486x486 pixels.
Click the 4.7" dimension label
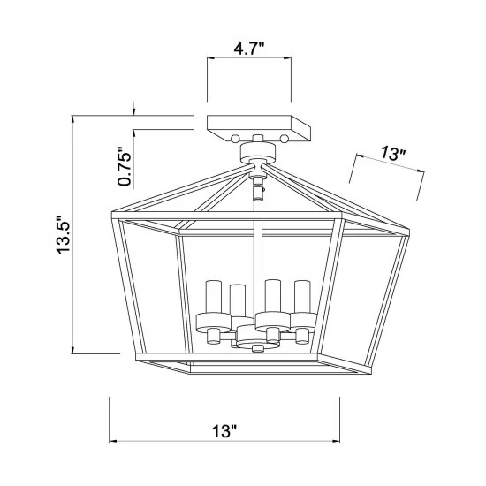[249, 49]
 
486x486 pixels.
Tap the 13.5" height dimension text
[65, 234]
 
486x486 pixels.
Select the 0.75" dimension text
[125, 166]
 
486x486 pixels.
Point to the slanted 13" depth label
[393, 154]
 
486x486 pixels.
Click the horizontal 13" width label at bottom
[224, 431]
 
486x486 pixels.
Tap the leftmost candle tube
[214, 297]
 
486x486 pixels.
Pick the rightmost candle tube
[302, 297]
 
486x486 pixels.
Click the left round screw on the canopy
[235, 139]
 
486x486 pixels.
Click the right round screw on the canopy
[284, 139]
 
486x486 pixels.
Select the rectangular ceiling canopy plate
[259, 128]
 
